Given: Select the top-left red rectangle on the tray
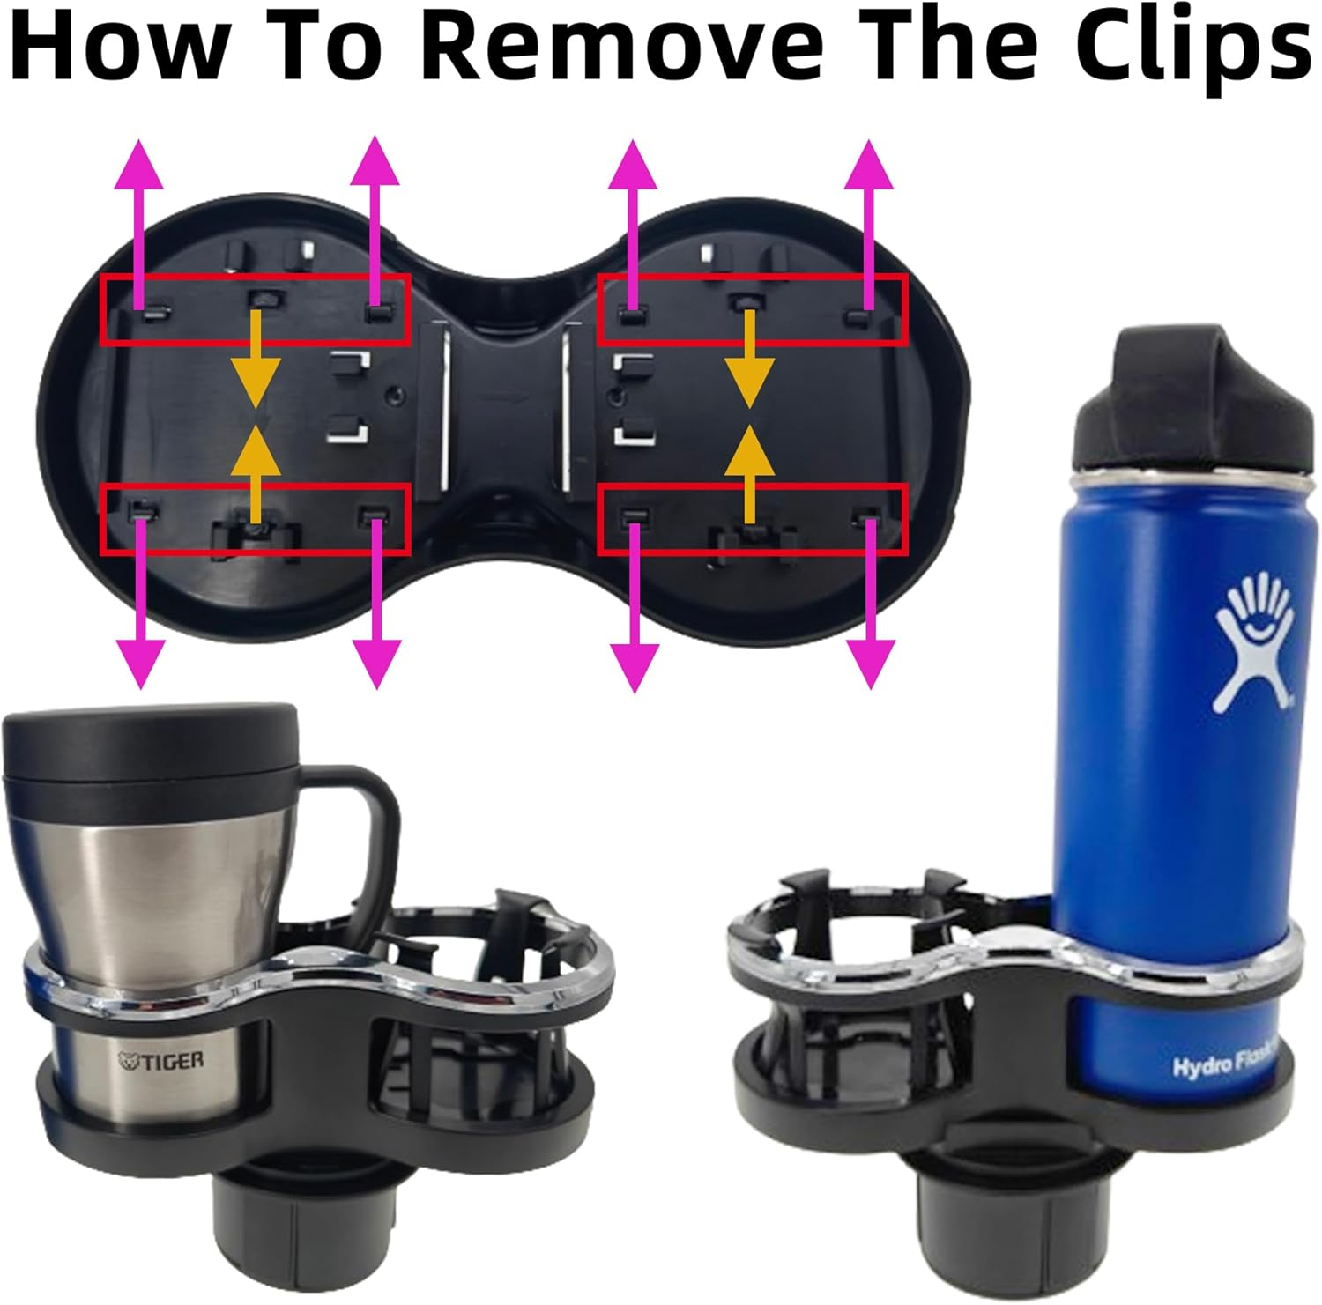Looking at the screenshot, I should click(256, 309).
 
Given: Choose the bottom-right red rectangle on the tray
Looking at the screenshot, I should click(752, 520).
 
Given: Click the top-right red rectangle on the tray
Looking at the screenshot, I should click(752, 309).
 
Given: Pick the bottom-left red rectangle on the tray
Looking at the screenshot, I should click(256, 520).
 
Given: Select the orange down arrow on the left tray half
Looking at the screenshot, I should click(256, 361).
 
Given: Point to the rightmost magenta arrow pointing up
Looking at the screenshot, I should click(869, 220).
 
